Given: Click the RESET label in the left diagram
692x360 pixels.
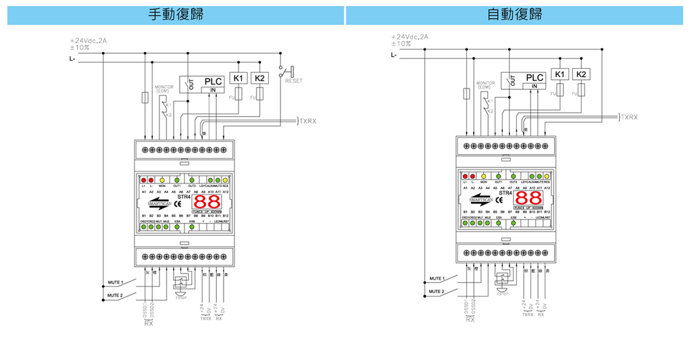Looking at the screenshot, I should pos(294,81).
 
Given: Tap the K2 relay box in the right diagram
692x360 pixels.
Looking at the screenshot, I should pos(582,74).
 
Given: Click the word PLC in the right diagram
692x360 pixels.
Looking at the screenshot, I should pos(535,78).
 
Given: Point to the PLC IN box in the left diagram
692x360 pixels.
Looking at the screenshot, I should pos(213,90).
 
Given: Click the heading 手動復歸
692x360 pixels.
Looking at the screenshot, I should pos(175,14).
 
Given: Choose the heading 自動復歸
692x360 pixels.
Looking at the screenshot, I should pos(514,14).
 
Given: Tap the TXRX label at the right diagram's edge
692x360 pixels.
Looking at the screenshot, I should pos(629,117).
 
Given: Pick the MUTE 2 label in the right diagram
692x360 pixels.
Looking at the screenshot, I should pos(435,292).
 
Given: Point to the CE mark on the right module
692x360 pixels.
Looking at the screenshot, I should pos(499,200).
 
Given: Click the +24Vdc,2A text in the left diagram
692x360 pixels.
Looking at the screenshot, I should pos(89,41).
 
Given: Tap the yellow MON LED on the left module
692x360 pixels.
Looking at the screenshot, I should pos(163,180).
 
